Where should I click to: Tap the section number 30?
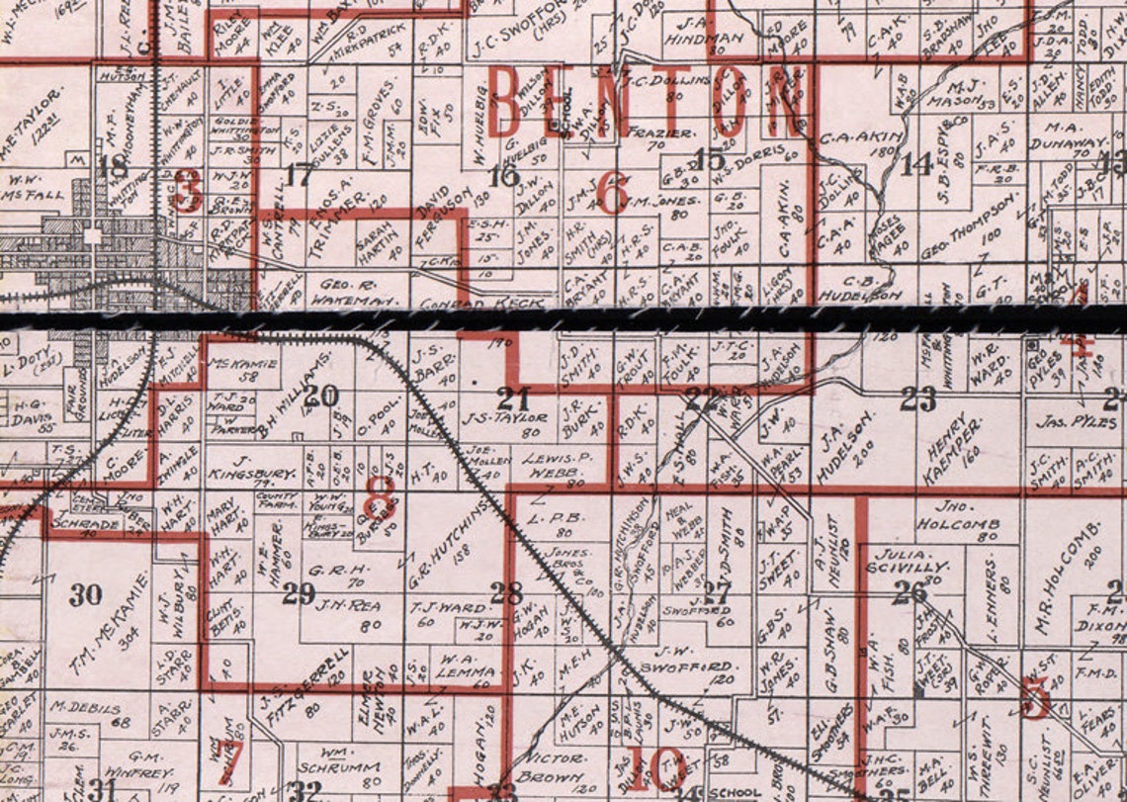86,594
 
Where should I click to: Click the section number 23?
918,400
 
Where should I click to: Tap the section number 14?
916,164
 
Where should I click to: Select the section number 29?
298,593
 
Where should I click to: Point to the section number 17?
298,177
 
